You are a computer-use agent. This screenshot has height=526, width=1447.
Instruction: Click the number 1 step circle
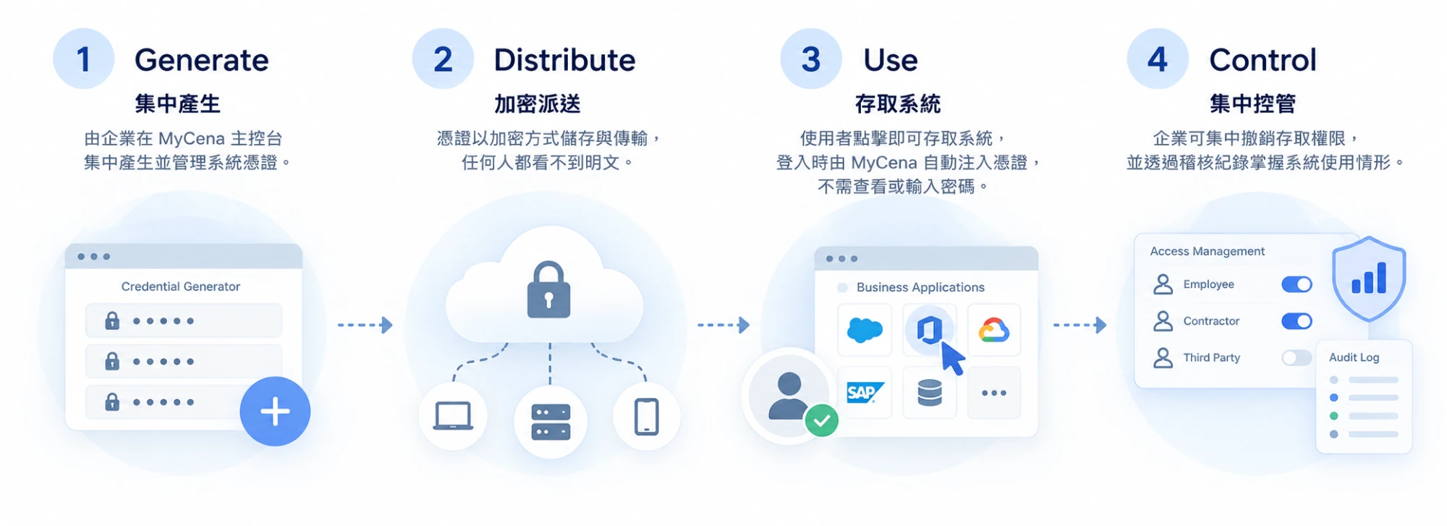84,59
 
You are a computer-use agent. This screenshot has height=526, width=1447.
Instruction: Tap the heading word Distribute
564,60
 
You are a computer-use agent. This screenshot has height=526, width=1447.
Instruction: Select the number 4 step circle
1158,59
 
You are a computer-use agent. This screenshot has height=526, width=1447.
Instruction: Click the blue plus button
275,411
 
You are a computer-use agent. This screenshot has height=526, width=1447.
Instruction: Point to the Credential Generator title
181,287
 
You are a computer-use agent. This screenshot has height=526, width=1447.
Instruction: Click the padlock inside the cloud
548,289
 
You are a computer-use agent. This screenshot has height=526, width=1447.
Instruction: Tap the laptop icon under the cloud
453,416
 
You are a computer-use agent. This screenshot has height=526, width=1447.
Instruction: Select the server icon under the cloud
551,422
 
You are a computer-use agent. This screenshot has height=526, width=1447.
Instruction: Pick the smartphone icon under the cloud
647,417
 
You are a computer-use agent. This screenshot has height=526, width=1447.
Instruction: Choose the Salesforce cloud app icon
865,331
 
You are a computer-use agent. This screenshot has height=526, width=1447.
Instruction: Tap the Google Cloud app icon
994,330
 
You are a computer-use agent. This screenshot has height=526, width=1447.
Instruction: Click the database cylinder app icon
930,393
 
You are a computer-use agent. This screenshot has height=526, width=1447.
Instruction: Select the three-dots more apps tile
994,393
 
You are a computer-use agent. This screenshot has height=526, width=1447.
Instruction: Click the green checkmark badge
822,420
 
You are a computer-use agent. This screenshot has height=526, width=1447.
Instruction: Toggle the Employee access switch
1297,284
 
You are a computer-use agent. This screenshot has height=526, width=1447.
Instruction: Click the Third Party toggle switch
1297,357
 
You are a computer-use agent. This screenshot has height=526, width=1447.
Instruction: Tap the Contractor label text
1211,321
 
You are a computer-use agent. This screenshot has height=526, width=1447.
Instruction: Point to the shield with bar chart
1369,279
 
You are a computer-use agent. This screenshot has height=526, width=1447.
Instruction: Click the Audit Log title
1354,357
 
